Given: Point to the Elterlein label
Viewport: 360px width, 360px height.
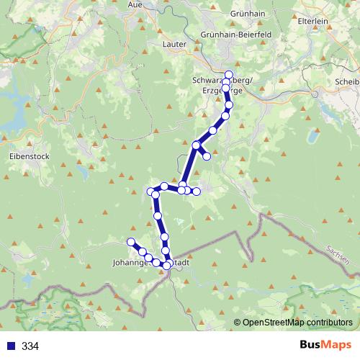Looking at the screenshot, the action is click(312, 22).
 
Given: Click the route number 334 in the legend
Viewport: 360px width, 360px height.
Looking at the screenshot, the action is click(30, 346).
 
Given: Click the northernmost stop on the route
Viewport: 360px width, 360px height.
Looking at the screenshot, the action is click(230, 75).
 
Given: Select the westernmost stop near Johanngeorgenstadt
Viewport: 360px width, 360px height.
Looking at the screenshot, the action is click(131, 242).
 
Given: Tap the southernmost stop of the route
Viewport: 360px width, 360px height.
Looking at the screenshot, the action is click(167, 266).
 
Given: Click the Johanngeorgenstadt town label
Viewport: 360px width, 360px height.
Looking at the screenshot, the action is click(151, 264).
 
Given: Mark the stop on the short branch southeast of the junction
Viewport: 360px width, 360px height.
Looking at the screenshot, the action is click(207, 156).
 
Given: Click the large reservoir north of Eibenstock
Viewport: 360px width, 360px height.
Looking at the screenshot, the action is click(14, 122).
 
